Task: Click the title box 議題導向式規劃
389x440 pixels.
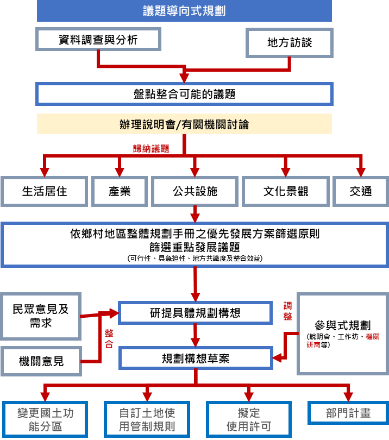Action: (184, 11)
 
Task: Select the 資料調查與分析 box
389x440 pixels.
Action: (98, 40)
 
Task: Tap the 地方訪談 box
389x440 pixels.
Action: (290, 42)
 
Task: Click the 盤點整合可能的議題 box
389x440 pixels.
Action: (184, 94)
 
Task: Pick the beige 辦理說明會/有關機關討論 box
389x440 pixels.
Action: (184, 124)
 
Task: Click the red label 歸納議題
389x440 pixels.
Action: (152, 148)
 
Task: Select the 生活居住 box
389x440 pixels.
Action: (45, 192)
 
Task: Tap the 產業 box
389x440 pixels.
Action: (120, 192)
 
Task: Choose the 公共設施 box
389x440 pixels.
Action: (195, 192)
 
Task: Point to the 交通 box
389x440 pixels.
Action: (361, 192)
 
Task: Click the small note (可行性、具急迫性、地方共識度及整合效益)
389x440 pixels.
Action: (195, 259)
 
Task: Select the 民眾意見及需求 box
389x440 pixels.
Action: (41, 316)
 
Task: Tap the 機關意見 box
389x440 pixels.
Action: (41, 361)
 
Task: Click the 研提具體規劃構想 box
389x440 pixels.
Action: (195, 313)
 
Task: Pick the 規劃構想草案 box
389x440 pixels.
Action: (195, 359)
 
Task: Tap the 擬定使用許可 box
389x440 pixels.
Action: (248, 420)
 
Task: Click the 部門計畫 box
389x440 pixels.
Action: (348, 413)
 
